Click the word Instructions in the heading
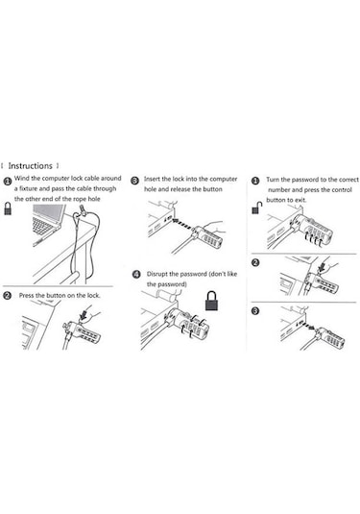click(30, 166)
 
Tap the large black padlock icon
click(212, 301)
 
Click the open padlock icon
click(257, 208)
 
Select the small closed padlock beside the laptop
click(8, 208)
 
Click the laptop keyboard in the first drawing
click(43, 226)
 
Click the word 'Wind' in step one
click(22, 179)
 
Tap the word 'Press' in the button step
click(26, 295)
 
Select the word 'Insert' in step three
click(152, 179)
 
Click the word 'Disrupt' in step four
click(157, 274)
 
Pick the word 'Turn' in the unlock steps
click(273, 180)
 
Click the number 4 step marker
click(136, 275)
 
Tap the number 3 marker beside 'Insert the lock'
click(134, 181)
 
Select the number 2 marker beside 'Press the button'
click(7, 295)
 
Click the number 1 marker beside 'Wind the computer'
click(8, 182)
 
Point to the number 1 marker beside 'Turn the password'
click(255, 181)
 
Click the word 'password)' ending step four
click(166, 284)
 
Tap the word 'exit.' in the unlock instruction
click(300, 200)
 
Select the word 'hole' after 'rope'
click(94, 199)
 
